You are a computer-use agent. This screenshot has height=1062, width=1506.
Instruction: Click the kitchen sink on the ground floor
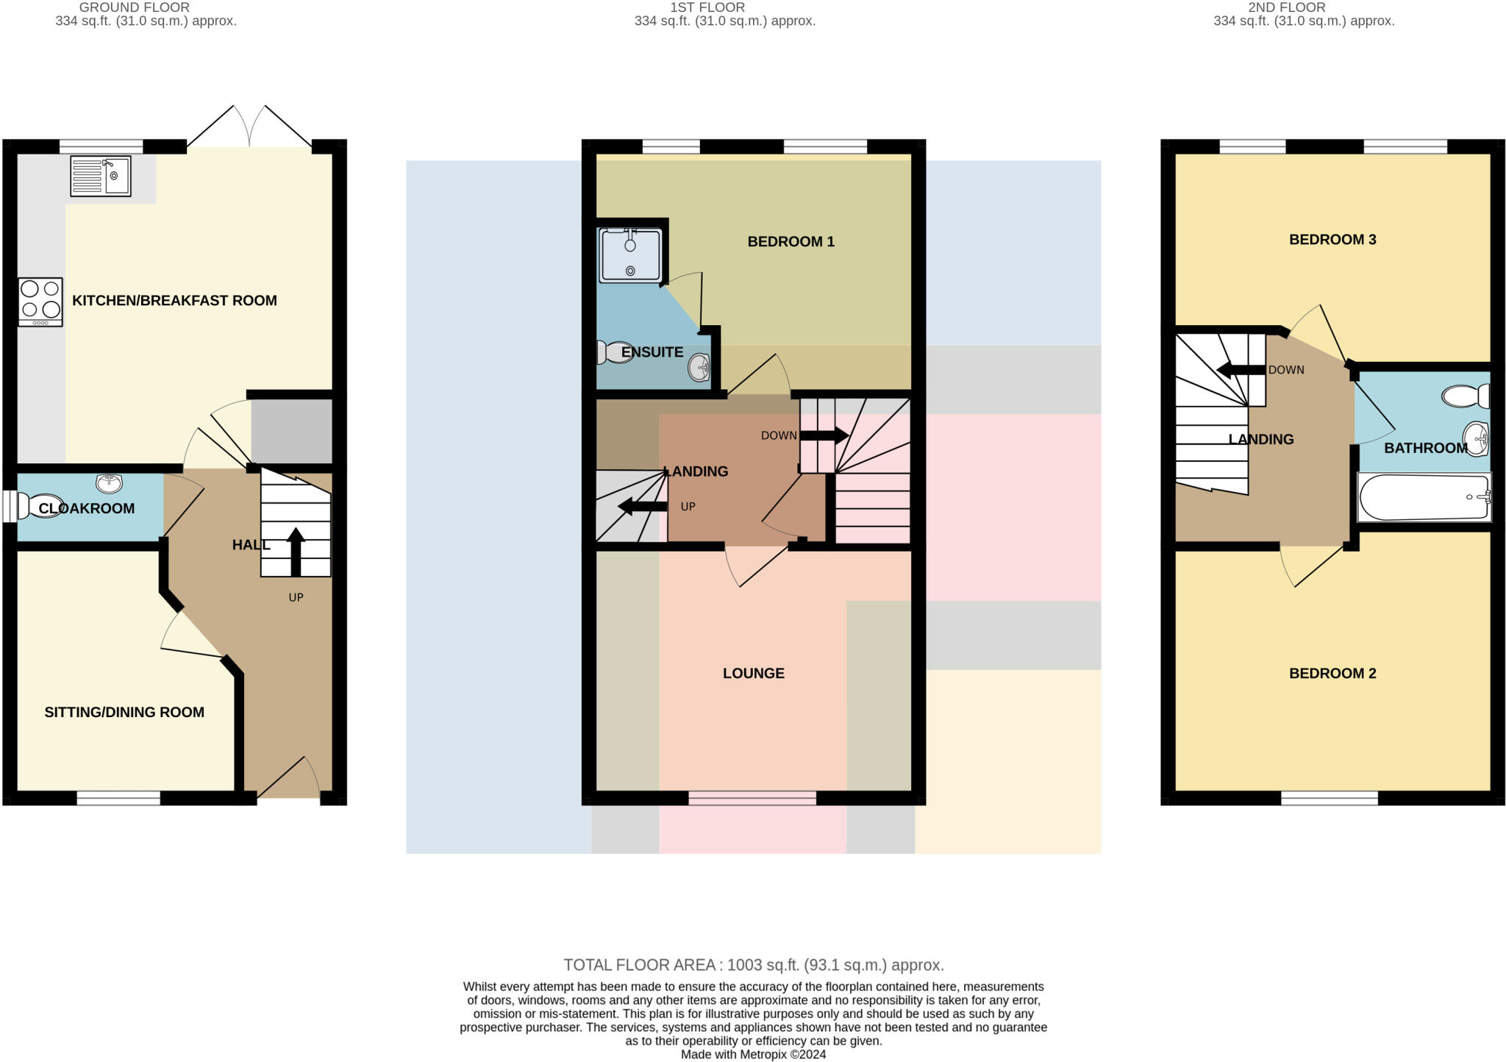[101, 177]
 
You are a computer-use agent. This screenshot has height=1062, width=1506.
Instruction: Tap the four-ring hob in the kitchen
[40, 301]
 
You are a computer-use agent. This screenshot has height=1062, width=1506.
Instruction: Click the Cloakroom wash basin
[109, 483]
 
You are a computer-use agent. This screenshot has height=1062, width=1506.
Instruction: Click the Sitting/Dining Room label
[124, 712]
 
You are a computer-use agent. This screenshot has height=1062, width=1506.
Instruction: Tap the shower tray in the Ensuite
[631, 255]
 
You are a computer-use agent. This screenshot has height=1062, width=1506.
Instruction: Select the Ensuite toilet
[614, 352]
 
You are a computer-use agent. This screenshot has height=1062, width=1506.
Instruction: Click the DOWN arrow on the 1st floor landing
[824, 435]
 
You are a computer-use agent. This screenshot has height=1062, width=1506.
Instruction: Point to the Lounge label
[753, 673]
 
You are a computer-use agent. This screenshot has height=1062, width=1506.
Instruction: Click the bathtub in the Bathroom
[1423, 497]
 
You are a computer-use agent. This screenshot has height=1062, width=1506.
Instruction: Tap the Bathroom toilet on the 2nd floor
[1466, 396]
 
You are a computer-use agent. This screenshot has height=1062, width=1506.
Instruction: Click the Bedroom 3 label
[1332, 240]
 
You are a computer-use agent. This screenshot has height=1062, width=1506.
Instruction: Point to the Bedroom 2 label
[1332, 673]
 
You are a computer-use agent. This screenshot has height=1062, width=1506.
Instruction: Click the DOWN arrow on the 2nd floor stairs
[1241, 370]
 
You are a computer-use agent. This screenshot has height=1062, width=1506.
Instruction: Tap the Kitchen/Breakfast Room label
[174, 300]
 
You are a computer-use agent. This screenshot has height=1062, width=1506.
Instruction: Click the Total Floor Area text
[753, 965]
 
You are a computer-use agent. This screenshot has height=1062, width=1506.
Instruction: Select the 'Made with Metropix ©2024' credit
[753, 1055]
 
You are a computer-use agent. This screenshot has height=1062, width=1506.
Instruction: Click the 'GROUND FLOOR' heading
[134, 7]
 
